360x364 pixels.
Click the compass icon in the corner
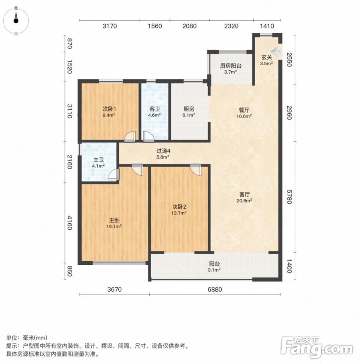coord(16,21)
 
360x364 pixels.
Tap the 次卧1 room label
coord(109,109)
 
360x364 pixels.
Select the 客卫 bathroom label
coord(154,109)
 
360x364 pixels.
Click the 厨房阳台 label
coord(231,66)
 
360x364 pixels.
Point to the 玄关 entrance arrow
coord(276,52)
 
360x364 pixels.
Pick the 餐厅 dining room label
coord(244,110)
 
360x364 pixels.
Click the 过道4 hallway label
coord(163,151)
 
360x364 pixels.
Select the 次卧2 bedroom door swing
coord(196,170)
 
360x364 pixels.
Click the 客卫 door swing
coord(148,137)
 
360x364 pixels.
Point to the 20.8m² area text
coord(244,200)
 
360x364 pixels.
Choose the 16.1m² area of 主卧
coord(114,226)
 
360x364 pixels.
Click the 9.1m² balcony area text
coord(214,270)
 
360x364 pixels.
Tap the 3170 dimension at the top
coord(110,26)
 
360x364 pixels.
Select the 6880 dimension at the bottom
coord(215,290)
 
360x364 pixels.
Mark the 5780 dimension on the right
coord(289,197)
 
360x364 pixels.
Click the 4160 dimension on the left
coord(70,223)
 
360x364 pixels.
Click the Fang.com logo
coord(317,348)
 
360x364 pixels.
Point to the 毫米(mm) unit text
coord(35,338)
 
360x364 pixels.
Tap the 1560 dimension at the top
coord(155,26)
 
